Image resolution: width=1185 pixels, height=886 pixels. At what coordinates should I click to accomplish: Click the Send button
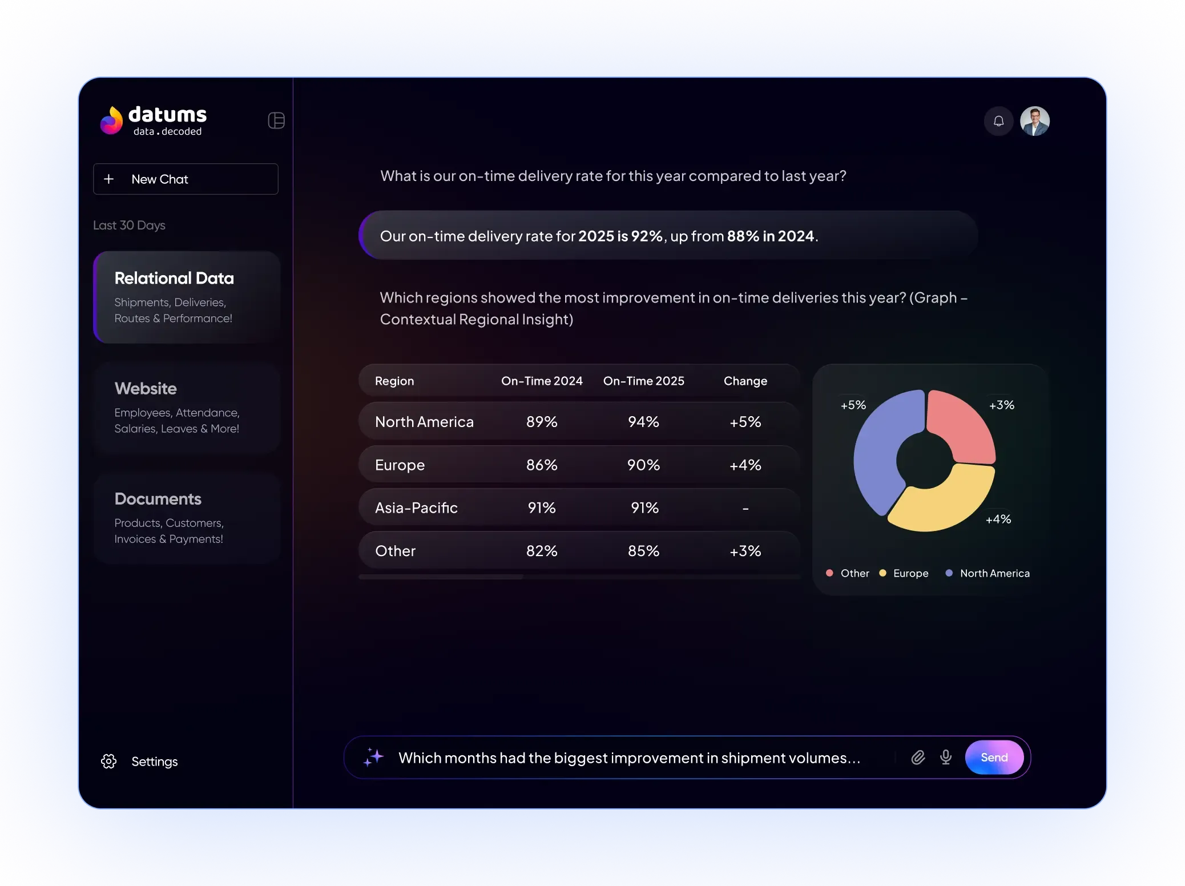[x=994, y=758]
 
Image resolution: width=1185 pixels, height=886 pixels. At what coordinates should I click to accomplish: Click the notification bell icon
[x=998, y=121]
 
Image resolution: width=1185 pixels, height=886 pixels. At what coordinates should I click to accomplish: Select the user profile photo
[x=1034, y=121]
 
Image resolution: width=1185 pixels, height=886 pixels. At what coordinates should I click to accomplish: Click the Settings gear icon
[x=109, y=762]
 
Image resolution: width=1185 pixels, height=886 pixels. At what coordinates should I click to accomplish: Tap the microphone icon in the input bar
[x=946, y=758]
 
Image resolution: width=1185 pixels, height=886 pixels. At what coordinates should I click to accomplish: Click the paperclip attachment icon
[x=918, y=758]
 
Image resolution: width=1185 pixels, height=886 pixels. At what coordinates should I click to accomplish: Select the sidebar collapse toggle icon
[x=276, y=120]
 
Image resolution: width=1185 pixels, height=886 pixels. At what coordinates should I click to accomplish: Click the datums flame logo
[x=112, y=120]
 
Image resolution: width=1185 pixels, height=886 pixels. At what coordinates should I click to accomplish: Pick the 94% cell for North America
[x=643, y=422]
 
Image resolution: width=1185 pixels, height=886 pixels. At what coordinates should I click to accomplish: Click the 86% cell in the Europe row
[x=542, y=465]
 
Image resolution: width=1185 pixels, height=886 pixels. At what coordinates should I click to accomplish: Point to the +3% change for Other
[x=745, y=551]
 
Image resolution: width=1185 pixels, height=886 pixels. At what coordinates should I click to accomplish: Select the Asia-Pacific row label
[x=416, y=508]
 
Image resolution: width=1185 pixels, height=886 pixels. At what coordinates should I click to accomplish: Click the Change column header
[x=745, y=381]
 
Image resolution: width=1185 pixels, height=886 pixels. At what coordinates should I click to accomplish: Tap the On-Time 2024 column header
[x=542, y=381]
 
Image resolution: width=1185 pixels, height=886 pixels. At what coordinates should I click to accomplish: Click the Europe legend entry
[x=910, y=573]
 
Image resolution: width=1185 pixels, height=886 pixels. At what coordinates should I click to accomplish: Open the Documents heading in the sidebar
[x=158, y=499]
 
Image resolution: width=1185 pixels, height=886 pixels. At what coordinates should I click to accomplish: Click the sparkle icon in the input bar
[x=374, y=757]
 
